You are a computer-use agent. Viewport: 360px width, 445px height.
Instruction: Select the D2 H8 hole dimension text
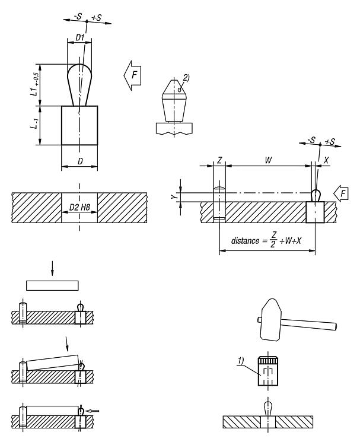coord(79,206)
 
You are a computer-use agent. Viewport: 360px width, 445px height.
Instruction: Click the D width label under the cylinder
coord(79,161)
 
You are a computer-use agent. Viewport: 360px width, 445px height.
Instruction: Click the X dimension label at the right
coord(326,160)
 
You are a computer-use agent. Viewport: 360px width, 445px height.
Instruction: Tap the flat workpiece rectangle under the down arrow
coord(52,285)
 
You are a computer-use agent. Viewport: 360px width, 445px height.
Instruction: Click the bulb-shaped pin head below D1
coord(80,80)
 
